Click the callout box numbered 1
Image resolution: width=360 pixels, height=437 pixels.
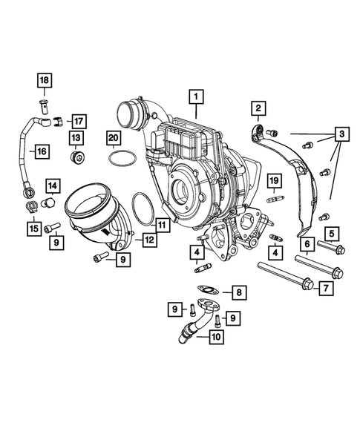tap(196, 96)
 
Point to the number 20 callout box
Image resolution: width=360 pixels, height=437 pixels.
tap(113, 138)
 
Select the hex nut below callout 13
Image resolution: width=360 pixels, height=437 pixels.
tap(78, 157)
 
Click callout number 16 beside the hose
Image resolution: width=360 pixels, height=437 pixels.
tap(41, 151)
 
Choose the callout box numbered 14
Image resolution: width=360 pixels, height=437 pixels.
tap(54, 185)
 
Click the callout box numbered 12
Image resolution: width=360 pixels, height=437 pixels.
tap(149, 239)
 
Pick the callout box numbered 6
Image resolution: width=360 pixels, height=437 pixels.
tap(305, 242)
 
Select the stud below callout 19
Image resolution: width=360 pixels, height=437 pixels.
tap(273, 199)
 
